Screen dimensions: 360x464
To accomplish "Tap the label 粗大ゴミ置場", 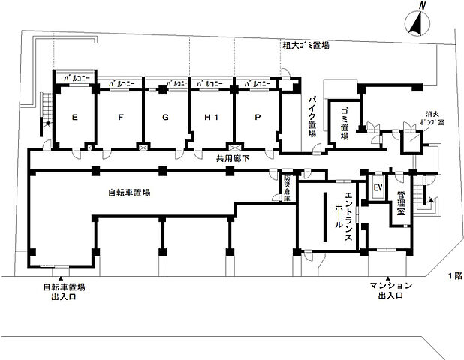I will [306, 46].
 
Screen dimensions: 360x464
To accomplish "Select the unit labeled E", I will [74, 118].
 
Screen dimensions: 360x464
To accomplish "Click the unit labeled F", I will [121, 118].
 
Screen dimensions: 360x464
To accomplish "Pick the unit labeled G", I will [165, 118].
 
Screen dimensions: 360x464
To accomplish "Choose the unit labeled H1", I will [211, 118].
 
